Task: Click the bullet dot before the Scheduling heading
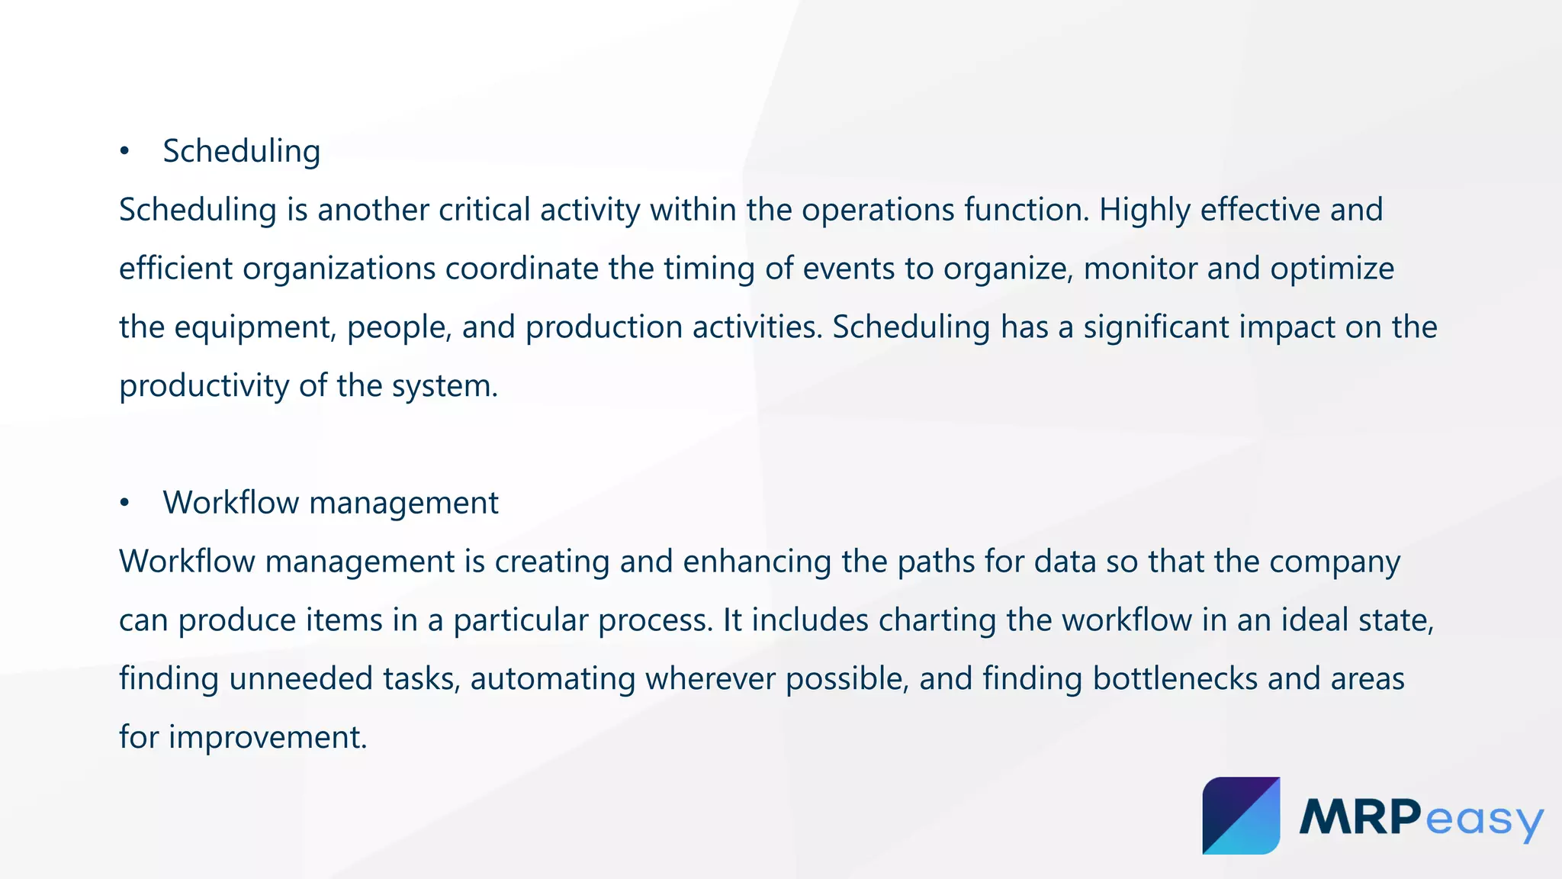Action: [x=124, y=152]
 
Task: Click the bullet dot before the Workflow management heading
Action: [x=124, y=504]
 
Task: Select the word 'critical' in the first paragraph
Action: [x=484, y=210]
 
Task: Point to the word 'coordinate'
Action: [x=522, y=269]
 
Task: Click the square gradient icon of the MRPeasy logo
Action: [x=1241, y=816]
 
